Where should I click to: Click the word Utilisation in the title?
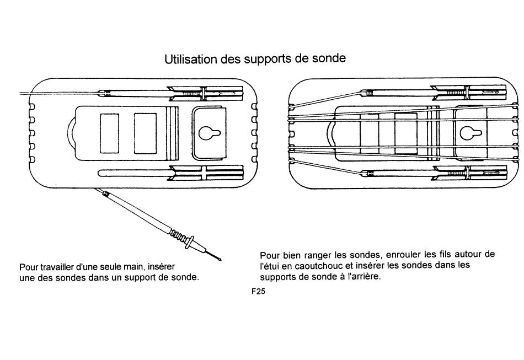[191, 58]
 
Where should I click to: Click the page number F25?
[258, 293]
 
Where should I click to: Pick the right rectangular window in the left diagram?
[146, 133]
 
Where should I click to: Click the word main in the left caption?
[149, 267]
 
